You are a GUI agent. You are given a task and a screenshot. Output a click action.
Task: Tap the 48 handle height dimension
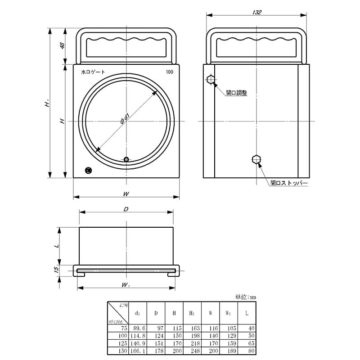pyautogui.click(x=63, y=46)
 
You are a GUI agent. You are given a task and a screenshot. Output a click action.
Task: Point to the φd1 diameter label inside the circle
pyautogui.click(x=125, y=119)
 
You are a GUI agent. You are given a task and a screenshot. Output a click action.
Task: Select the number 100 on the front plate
pyautogui.click(x=170, y=72)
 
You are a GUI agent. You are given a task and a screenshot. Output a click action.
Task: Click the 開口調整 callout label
pyautogui.click(x=236, y=93)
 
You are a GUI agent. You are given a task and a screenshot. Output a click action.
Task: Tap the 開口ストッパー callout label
pyautogui.click(x=288, y=184)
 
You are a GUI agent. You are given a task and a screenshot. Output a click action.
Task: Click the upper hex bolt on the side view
pyautogui.click(x=211, y=81)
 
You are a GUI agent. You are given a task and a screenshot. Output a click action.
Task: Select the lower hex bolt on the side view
pyautogui.click(x=256, y=159)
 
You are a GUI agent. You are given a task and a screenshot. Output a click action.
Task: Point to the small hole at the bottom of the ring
pyautogui.click(x=126, y=159)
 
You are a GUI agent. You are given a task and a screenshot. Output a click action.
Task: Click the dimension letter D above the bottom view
pyautogui.click(x=126, y=209)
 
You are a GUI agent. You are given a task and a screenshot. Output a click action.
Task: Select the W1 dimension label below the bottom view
pyautogui.click(x=126, y=285)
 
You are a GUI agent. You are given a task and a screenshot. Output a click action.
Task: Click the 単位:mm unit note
pyautogui.click(x=245, y=297)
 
